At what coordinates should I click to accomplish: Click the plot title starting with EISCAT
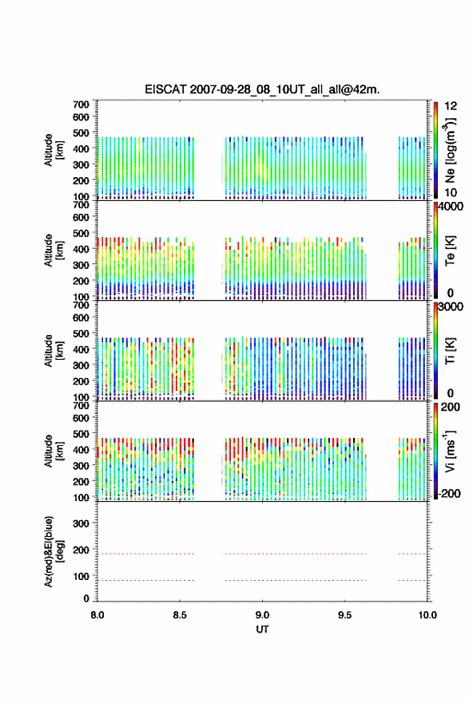click(262, 89)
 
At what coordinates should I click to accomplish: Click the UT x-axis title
click(262, 629)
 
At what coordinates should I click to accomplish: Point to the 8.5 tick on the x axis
click(179, 615)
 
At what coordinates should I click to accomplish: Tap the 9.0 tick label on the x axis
click(262, 615)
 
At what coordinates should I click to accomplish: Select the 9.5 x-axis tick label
click(345, 615)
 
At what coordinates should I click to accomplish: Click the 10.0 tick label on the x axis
click(427, 615)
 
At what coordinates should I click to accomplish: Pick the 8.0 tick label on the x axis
click(97, 615)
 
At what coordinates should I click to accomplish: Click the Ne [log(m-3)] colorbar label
click(450, 151)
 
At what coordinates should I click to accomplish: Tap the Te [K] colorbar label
click(450, 250)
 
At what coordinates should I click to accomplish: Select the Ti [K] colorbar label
click(450, 351)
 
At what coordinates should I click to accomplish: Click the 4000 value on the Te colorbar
click(451, 207)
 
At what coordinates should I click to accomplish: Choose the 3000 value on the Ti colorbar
click(451, 306)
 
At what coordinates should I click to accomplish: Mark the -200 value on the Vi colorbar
click(450, 493)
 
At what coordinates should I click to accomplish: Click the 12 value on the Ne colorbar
click(451, 106)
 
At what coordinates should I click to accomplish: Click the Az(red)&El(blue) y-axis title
click(54, 551)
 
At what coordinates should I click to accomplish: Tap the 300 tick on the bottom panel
click(81, 523)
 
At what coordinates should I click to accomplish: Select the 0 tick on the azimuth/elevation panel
click(86, 598)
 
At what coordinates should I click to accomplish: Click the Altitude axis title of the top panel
click(54, 151)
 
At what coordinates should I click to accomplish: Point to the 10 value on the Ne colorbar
click(451, 193)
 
